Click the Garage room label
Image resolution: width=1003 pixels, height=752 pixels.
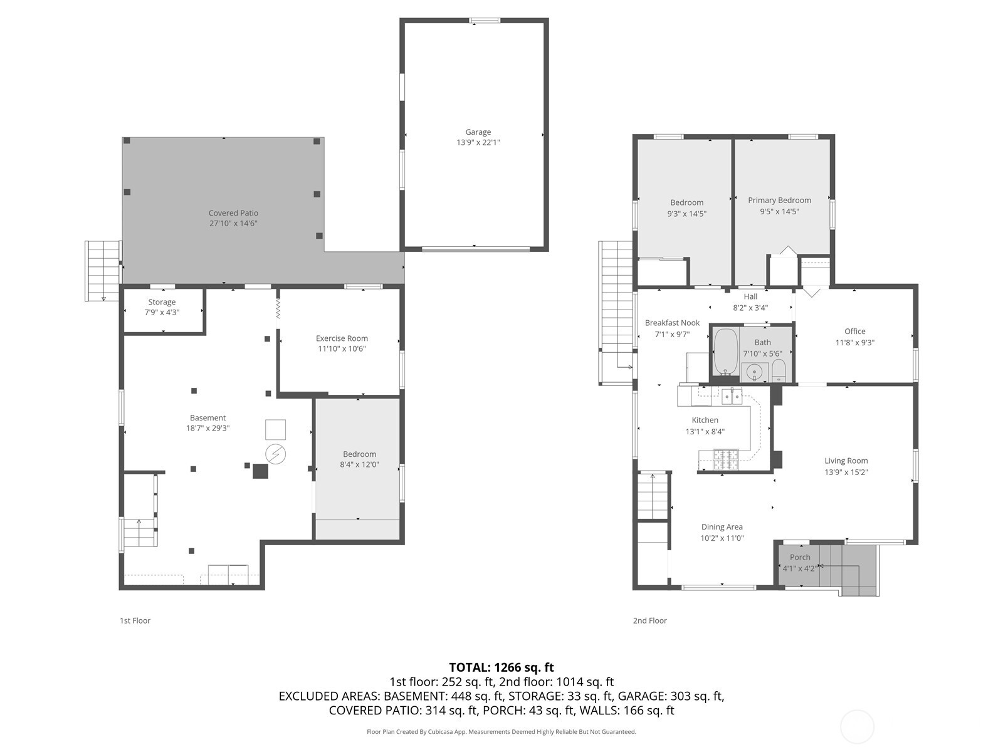pyautogui.click(x=478, y=132)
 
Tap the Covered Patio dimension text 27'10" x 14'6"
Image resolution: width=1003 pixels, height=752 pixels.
pyautogui.click(x=233, y=224)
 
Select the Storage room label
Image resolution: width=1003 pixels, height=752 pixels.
pyautogui.click(x=162, y=302)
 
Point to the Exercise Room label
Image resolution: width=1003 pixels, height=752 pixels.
pyautogui.click(x=342, y=338)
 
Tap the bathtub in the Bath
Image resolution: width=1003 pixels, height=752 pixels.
pyautogui.click(x=726, y=352)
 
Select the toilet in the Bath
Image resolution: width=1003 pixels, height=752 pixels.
pyautogui.click(x=778, y=370)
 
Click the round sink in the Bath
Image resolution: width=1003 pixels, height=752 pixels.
pyautogui.click(x=755, y=372)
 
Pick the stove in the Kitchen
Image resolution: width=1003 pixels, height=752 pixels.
pyautogui.click(x=726, y=460)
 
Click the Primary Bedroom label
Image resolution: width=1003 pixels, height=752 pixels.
pyautogui.click(x=779, y=201)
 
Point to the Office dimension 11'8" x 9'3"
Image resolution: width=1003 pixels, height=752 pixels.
pyautogui.click(x=854, y=343)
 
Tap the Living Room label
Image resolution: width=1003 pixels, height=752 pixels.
pyautogui.click(x=846, y=461)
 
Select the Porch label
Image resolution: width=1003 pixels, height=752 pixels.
pyautogui.click(x=800, y=557)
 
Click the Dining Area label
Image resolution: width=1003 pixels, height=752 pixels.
pyautogui.click(x=722, y=527)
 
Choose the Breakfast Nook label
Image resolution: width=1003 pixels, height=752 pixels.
pyautogui.click(x=672, y=323)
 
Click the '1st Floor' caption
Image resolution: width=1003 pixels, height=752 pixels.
pyautogui.click(x=135, y=620)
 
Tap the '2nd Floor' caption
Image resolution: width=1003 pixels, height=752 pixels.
pyautogui.click(x=649, y=620)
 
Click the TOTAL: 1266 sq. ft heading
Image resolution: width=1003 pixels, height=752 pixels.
pyautogui.click(x=501, y=667)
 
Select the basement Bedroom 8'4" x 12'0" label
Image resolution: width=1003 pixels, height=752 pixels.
pyautogui.click(x=359, y=454)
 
